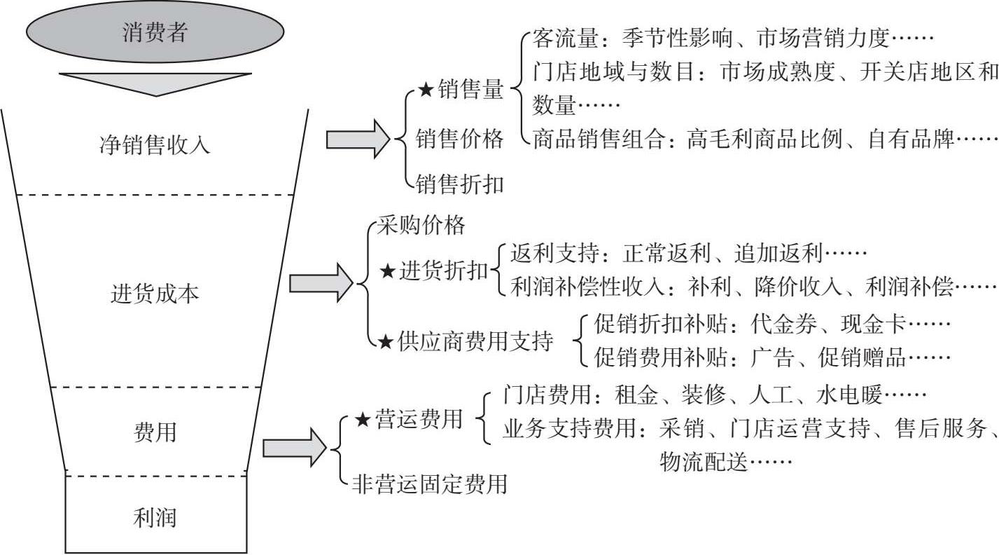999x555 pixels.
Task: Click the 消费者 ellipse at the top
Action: [155, 33]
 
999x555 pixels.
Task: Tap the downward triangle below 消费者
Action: [155, 83]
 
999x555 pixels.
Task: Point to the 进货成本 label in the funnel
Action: [155, 294]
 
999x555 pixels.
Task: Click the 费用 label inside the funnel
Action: [155, 432]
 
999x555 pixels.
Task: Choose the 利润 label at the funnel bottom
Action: [155, 519]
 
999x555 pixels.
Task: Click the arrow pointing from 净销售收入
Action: [358, 139]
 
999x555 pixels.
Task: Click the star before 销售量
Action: [426, 90]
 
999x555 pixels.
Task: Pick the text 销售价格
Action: [459, 139]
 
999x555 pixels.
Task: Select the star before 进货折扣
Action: [388, 271]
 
